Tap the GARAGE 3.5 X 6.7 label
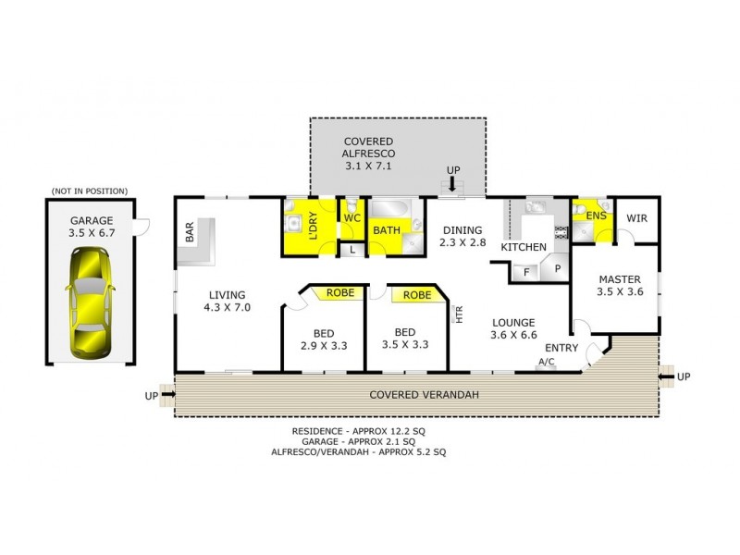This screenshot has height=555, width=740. tap(90, 228)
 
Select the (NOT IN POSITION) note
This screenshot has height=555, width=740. tap(90, 191)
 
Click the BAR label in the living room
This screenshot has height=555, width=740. tap(190, 232)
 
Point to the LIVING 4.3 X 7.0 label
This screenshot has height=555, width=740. tap(228, 300)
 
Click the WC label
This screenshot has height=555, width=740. tap(351, 217)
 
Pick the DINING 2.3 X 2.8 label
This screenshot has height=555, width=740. tap(462, 236)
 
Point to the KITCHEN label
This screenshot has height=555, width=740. tap(524, 248)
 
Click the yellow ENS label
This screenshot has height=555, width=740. tap(596, 215)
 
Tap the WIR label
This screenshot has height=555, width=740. tap(636, 218)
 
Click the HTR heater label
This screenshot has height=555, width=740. tap(458, 314)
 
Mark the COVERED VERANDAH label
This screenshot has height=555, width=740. tap(425, 395)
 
